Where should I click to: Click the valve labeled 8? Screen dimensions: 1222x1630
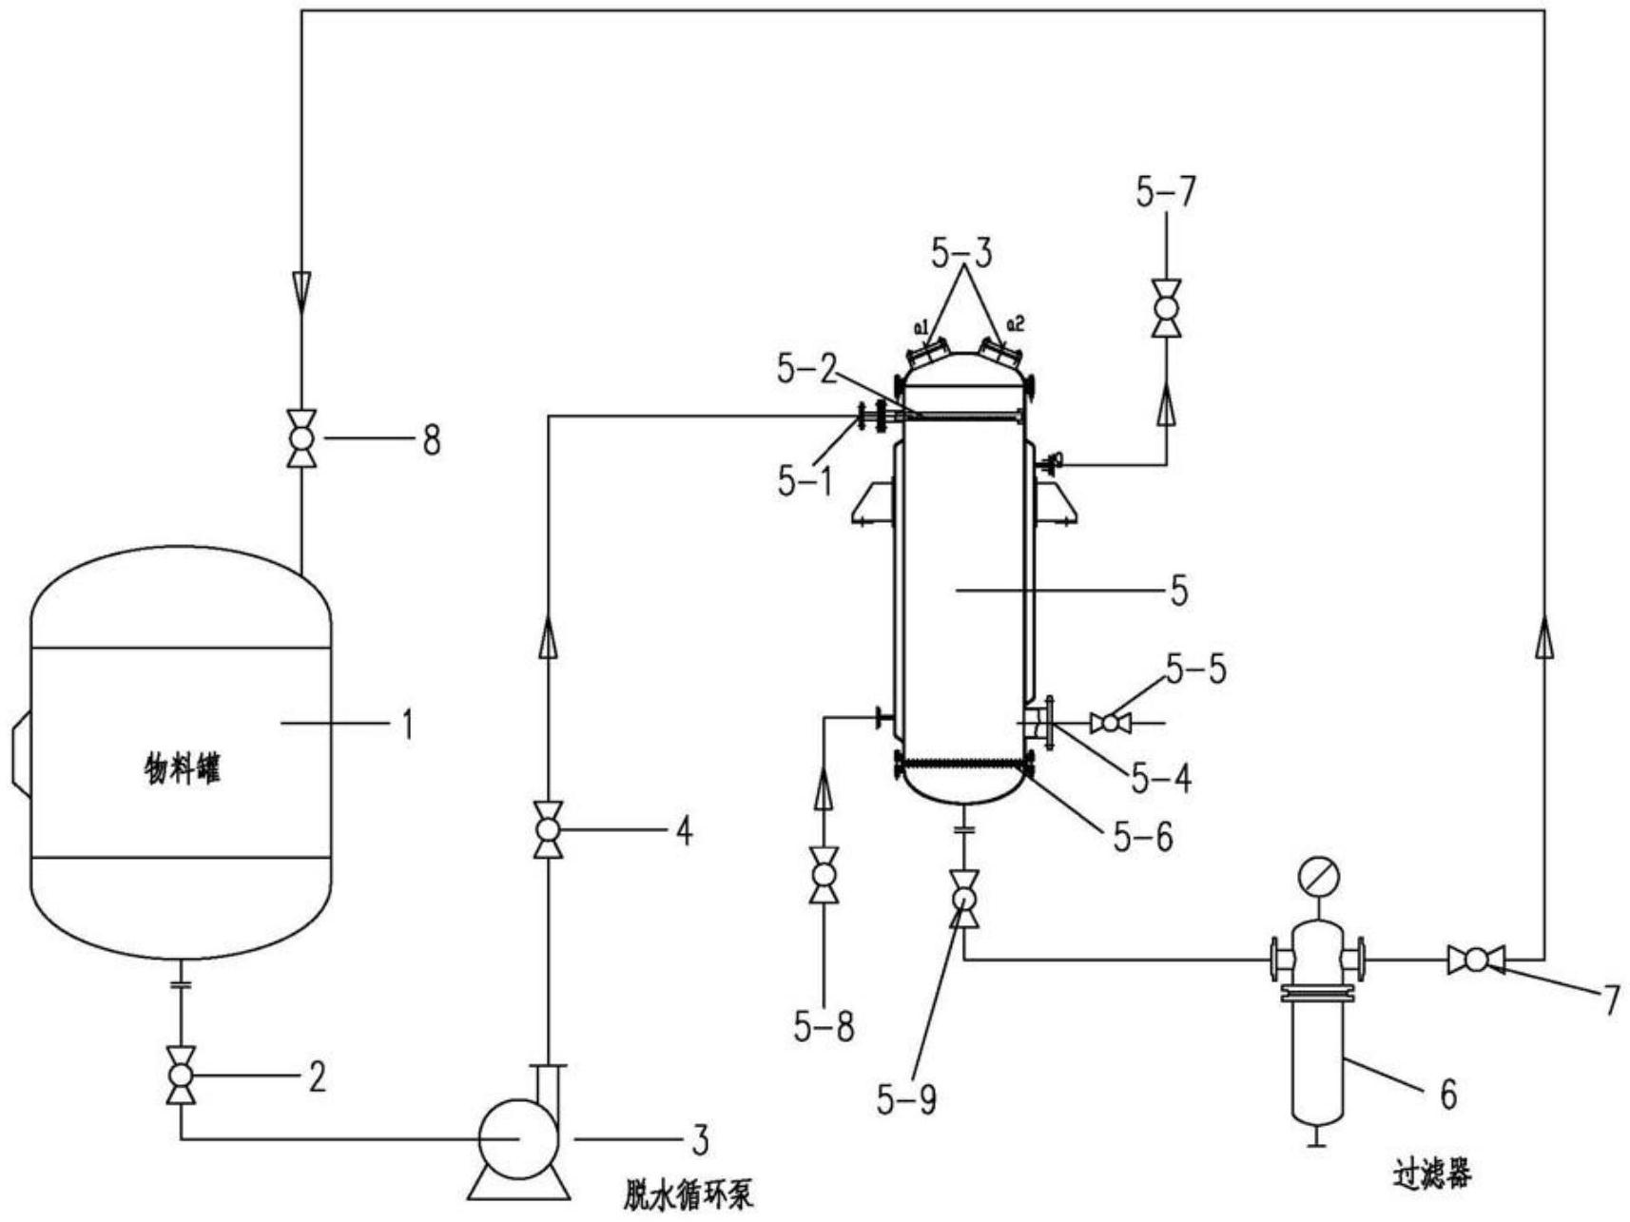pos(301,438)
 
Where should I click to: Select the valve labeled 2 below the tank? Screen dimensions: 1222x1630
pos(181,1076)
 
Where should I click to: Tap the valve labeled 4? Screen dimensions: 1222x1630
pos(548,830)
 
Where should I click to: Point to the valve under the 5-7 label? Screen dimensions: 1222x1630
pos(1166,308)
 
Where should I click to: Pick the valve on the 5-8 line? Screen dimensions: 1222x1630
pos(824,874)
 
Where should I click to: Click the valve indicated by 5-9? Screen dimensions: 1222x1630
pos(964,899)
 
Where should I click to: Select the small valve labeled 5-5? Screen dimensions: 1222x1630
pos(1110,724)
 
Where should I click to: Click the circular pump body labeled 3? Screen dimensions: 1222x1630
pos(517,1137)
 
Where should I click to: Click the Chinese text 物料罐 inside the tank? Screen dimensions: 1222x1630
pos(182,768)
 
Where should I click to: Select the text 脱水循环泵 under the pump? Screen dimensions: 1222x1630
pos(689,1193)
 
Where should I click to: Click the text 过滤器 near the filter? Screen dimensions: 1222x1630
pos(1433,1175)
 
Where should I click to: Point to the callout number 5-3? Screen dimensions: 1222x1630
pos(961,253)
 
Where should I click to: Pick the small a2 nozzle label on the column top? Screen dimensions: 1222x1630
pos(1016,324)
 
